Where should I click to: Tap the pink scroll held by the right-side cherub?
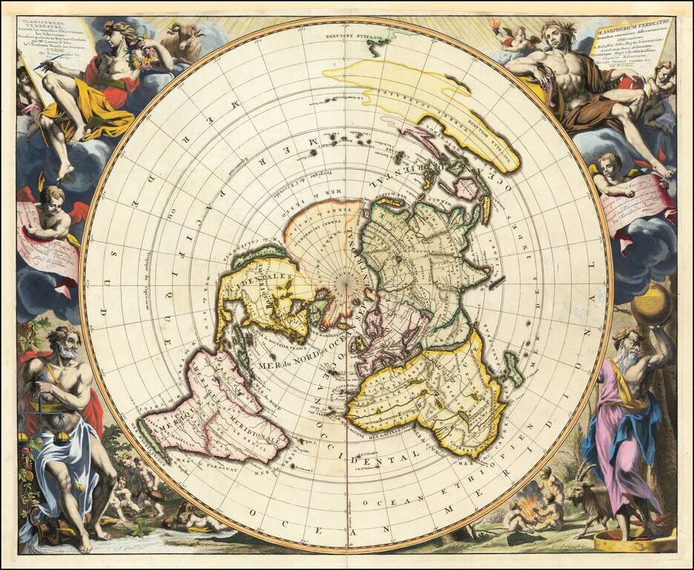click(x=641, y=200)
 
